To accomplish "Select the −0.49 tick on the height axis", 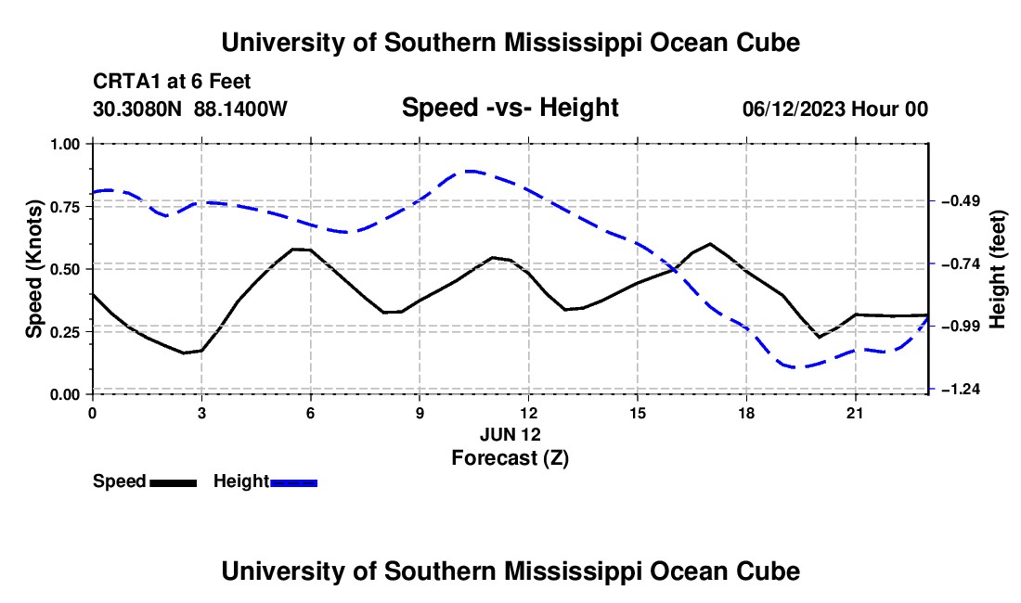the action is click(x=961, y=200).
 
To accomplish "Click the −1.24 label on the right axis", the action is click(x=961, y=389).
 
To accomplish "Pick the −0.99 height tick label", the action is click(x=961, y=326).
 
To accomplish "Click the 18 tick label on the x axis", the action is click(x=746, y=413).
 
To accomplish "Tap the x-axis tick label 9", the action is click(x=420, y=413).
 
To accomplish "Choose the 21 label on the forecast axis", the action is click(x=855, y=413).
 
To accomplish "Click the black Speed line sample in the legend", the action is click(x=174, y=483).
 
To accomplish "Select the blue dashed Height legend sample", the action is click(x=293, y=483).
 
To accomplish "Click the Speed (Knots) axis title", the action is click(x=33, y=269).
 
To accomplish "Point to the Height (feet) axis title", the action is click(x=998, y=269).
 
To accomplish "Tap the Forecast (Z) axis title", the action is click(x=510, y=458).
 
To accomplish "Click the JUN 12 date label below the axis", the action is click(x=510, y=434).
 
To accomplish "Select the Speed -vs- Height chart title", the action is click(x=510, y=108).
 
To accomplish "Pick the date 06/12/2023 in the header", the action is click(x=794, y=109).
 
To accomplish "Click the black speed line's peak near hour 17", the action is click(x=710, y=244).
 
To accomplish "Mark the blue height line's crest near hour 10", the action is click(x=471, y=171).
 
